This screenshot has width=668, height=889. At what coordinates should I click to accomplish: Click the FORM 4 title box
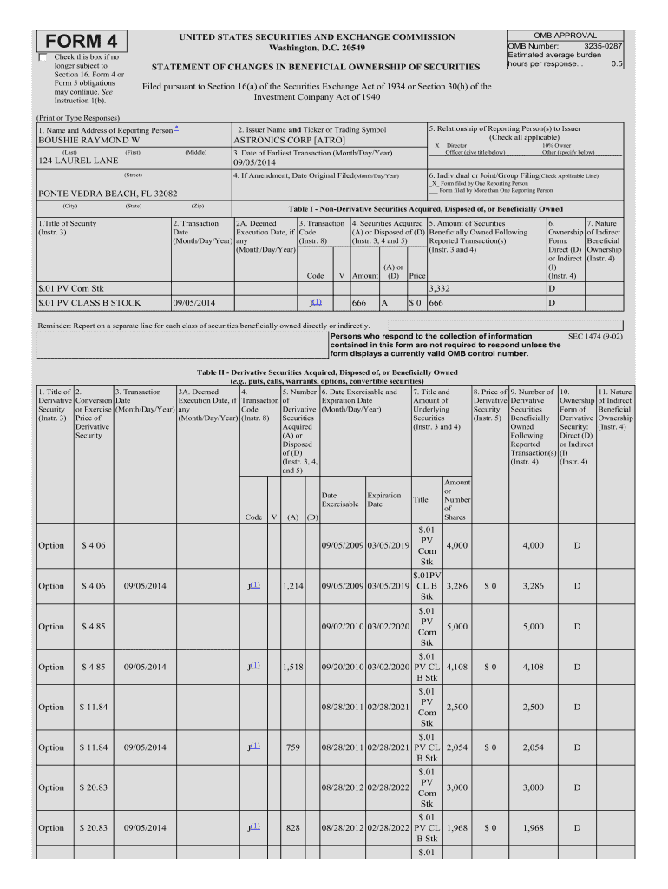click(82, 42)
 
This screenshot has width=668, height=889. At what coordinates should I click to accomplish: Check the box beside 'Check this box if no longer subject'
click(44, 57)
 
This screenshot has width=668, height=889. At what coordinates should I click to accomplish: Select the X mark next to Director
click(436, 146)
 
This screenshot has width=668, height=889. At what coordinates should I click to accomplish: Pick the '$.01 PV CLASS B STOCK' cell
click(90, 303)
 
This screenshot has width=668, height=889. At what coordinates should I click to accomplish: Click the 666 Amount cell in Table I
click(359, 303)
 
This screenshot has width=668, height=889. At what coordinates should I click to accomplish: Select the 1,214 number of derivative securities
click(292, 586)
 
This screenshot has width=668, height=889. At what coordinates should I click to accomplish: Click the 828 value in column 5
click(292, 827)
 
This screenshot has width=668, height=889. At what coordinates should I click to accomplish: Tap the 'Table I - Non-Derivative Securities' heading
click(425, 209)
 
